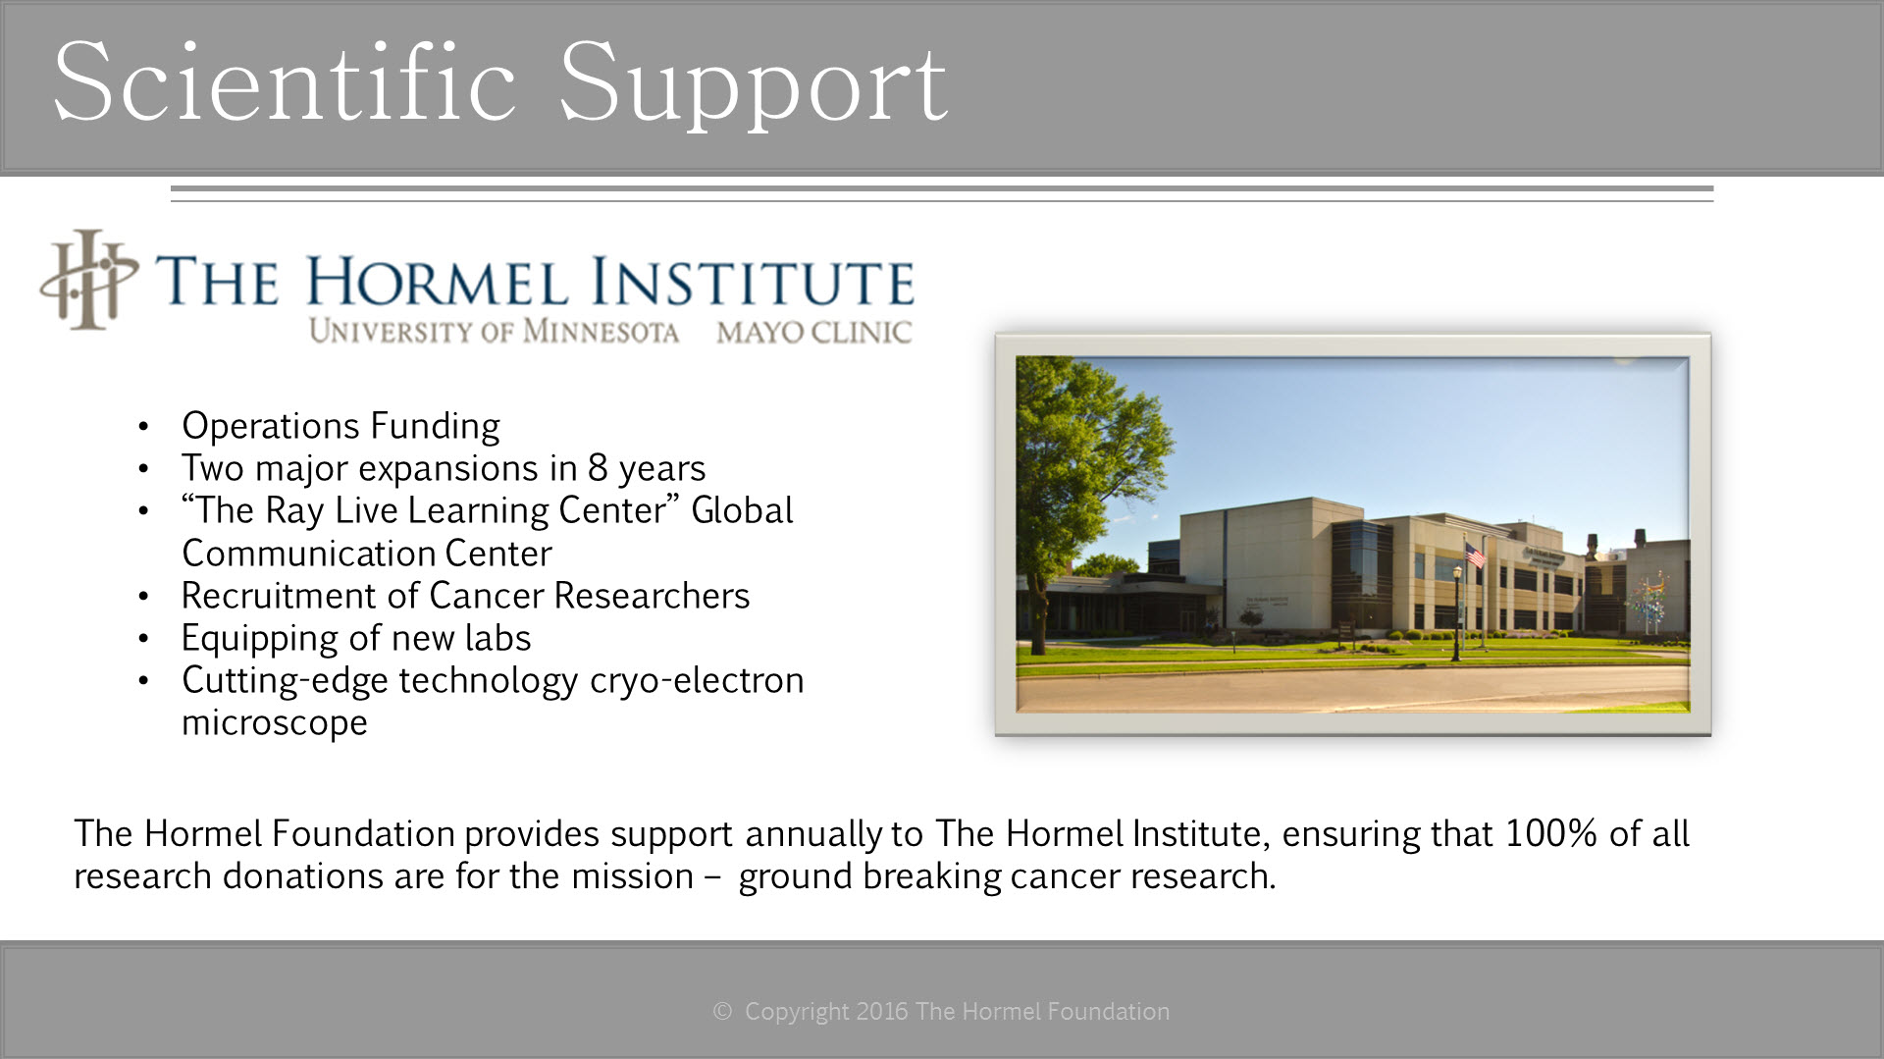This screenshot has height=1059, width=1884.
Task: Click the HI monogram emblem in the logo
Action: coord(89,280)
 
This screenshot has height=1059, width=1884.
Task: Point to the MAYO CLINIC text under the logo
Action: coord(813,333)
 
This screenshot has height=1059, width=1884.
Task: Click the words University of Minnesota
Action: coord(494,332)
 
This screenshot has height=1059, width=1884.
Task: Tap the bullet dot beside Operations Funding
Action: coord(144,427)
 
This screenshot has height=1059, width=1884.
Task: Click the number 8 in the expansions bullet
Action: coord(598,468)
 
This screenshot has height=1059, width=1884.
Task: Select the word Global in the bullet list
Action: coord(742,510)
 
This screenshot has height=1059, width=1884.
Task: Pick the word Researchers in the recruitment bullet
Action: coord(652,596)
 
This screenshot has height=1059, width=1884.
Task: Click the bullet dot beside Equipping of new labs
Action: coord(144,639)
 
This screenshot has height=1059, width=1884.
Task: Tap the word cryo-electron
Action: coord(697,680)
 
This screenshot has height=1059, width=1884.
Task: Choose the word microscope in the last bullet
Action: coord(275,723)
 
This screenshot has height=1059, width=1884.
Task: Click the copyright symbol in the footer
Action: coord(722,1011)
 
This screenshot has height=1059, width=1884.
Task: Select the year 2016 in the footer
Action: coord(882,1011)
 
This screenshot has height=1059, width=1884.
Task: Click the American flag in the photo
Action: coord(1475,555)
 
